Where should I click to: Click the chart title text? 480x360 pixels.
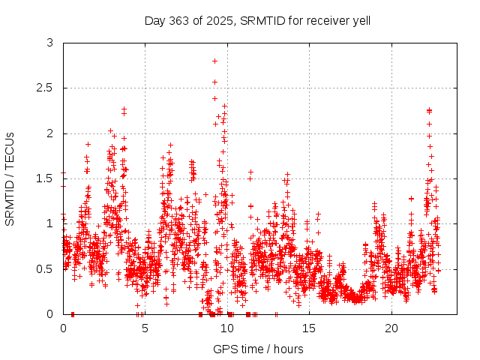click(257, 20)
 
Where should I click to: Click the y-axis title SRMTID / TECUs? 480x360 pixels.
click(10, 178)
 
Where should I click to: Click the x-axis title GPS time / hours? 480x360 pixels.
click(258, 349)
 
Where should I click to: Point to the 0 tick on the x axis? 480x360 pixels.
click(63, 328)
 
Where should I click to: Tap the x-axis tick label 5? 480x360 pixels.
click(145, 328)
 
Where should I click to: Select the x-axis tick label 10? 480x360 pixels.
click(227, 328)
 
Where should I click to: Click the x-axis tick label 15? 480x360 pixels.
click(310, 328)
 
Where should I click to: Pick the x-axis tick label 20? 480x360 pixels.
click(391, 328)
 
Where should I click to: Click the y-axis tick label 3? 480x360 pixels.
click(50, 43)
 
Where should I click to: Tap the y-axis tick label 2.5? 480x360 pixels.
click(46, 88)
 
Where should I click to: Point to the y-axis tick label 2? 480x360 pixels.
click(50, 133)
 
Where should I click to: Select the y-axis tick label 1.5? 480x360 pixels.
click(46, 178)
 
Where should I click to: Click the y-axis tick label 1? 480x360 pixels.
click(50, 223)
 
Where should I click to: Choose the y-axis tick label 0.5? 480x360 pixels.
click(46, 268)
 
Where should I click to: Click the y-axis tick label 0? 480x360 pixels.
click(50, 313)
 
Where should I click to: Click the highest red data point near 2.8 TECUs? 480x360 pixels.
click(214, 61)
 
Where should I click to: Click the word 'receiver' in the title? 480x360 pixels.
click(325, 20)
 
